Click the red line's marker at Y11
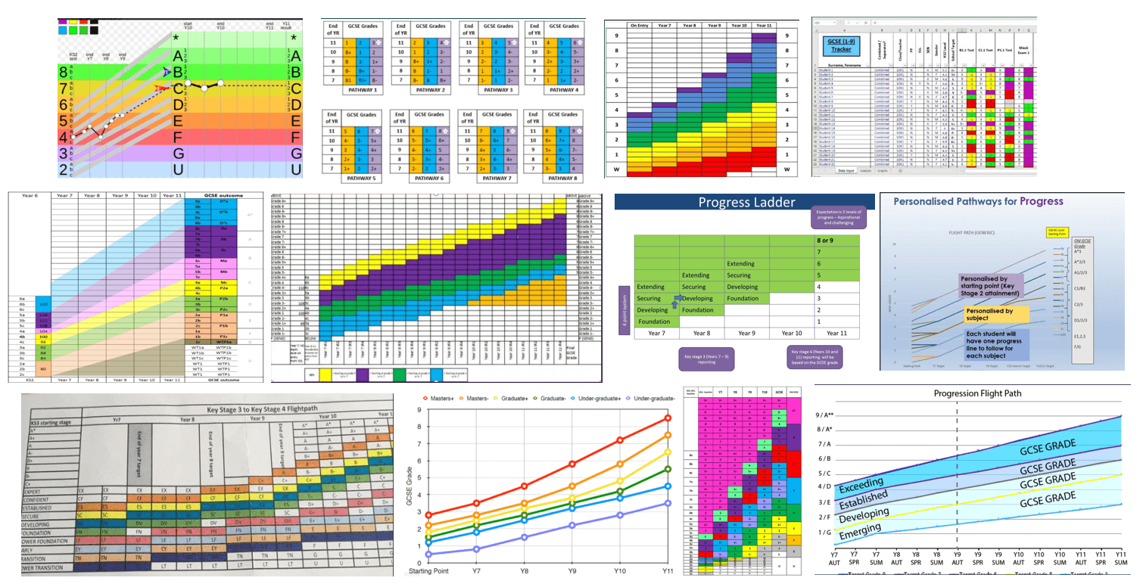[x=666, y=418]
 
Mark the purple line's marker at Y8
[x=523, y=537]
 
